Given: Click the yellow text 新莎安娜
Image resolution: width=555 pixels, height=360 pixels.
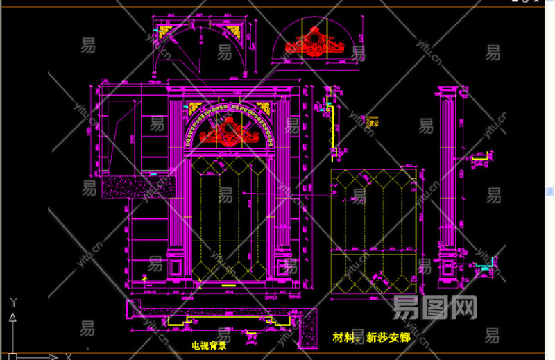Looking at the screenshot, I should (x=388, y=338).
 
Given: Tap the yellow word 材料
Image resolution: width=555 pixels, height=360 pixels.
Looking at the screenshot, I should (x=344, y=338).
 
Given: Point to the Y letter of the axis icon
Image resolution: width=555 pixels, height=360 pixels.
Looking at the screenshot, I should (x=13, y=302).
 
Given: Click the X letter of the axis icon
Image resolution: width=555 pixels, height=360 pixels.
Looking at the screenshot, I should (x=68, y=357).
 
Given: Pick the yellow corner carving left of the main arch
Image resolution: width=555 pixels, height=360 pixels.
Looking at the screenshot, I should (x=193, y=107).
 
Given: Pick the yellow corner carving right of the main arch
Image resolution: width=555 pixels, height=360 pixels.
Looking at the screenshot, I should (x=263, y=107).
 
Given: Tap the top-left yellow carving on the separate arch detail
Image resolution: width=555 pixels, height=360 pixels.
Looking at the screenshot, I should (x=166, y=31).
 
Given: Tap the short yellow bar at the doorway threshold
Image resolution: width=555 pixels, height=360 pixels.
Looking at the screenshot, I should (x=228, y=284).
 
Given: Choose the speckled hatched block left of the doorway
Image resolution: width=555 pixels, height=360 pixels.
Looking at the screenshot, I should (x=138, y=187).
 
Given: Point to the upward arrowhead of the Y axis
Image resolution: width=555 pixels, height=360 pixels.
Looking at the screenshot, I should (x=12, y=318).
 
